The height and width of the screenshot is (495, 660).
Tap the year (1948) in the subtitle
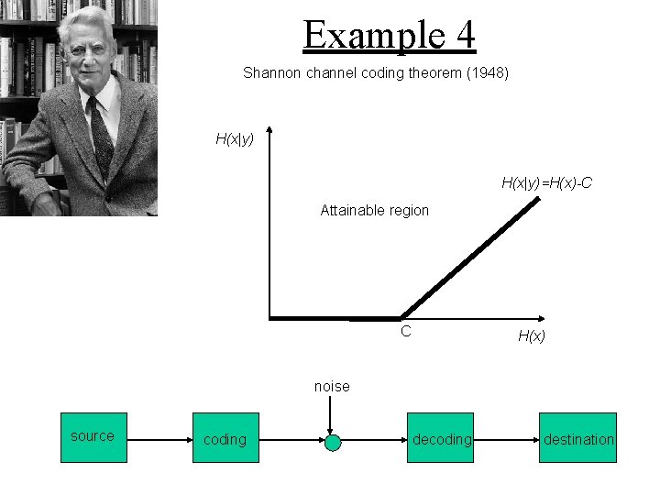pos(489,71)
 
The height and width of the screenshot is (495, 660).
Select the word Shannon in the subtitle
pos(271,71)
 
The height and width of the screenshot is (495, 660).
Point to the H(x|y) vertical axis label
pos(235,139)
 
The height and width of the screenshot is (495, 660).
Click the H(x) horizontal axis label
pos(532,335)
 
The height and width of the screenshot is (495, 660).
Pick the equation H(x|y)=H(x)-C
pos(546,183)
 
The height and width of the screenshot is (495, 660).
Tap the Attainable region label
pos(374,210)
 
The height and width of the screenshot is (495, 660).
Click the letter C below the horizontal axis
pos(405,331)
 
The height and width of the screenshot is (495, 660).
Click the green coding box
pos(225,438)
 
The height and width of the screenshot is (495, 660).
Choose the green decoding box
pos(442,438)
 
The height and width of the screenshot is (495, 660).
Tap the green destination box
pos(577,438)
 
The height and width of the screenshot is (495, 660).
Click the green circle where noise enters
pos(333,443)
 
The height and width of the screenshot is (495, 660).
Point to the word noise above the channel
pos(332,387)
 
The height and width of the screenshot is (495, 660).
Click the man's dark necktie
pos(98,133)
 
